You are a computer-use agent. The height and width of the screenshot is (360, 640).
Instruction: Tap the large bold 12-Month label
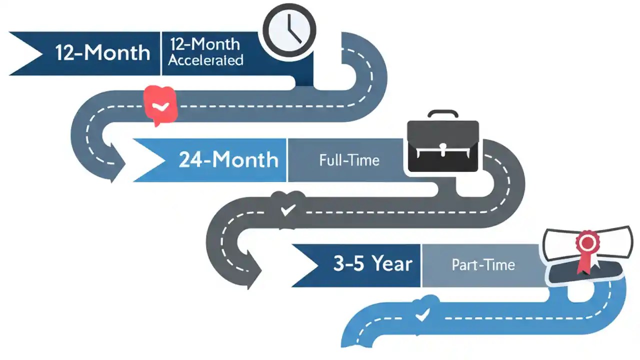click(103, 52)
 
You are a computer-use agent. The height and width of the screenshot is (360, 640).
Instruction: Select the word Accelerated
click(205, 60)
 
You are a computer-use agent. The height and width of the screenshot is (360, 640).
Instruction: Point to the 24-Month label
click(228, 160)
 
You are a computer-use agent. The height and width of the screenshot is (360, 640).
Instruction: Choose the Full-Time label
click(349, 160)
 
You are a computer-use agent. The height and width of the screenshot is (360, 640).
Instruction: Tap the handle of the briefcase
click(442, 114)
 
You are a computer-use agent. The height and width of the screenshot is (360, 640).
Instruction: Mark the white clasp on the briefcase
click(442, 148)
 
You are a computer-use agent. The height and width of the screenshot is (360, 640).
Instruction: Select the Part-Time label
click(483, 264)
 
